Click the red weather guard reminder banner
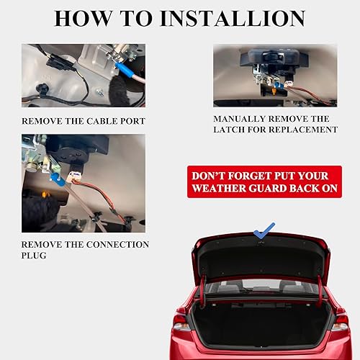point(258,182)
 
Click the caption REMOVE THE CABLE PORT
point(83,120)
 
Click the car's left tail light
point(181,320)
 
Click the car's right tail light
point(340,321)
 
